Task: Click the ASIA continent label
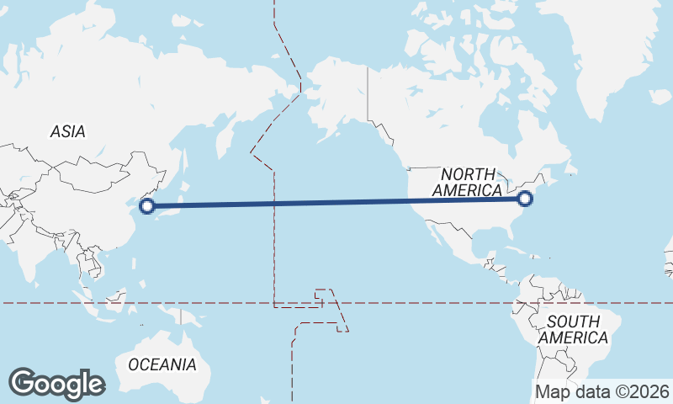coord(68,131)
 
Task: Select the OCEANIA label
coord(162,364)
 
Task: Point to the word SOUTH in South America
coord(573,322)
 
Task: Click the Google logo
coord(56,383)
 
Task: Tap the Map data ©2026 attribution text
coord(601,391)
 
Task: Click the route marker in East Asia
coord(146,205)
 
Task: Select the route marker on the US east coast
coord(526,199)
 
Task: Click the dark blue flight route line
coord(336,202)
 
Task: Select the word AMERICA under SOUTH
coord(573,338)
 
